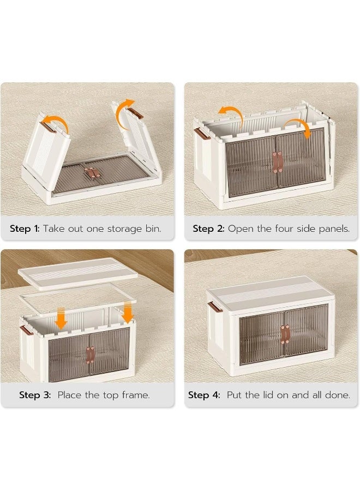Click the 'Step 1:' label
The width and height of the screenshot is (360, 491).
pos(24,229)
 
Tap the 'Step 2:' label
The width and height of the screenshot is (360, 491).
pos(208,229)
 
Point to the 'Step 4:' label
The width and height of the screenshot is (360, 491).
pos(204,395)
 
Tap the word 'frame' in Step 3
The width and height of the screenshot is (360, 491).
pos(135,395)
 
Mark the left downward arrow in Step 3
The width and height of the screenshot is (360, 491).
pos(61,318)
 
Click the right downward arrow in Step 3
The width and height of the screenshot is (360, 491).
pos(128,312)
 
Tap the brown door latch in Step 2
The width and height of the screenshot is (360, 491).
pos(278,162)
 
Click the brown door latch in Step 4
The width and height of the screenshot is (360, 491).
pos(284,333)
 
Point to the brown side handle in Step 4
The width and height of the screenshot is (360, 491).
pos(214,307)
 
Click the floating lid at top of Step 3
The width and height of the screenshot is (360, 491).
pos(77,271)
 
